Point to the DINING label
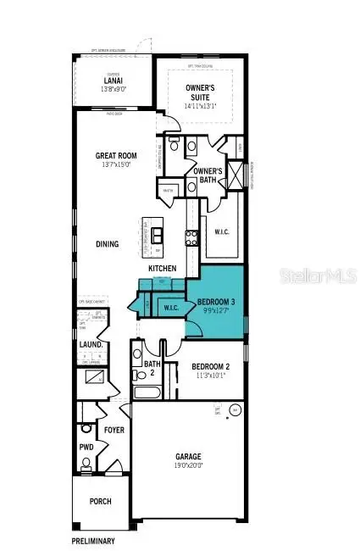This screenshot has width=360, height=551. click(x=107, y=244)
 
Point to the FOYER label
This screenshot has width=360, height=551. click(x=114, y=430)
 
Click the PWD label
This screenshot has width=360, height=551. click(x=86, y=446)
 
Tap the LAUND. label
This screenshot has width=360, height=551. click(x=91, y=345)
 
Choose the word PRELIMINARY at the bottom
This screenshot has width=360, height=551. click(x=93, y=540)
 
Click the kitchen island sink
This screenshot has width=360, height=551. click(x=156, y=230)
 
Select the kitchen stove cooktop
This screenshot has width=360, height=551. click(x=191, y=237)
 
